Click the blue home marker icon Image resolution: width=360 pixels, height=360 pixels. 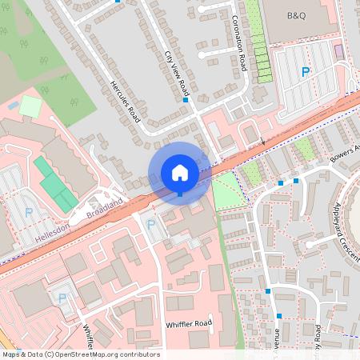tap(180, 173)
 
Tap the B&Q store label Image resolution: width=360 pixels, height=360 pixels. tap(302, 15)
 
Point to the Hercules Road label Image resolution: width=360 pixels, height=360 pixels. tap(123, 102)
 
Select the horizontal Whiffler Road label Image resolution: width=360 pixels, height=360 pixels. tap(188, 324)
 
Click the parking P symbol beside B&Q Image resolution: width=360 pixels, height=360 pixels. tap(305, 72)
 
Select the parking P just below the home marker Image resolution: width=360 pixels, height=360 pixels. tap(152, 225)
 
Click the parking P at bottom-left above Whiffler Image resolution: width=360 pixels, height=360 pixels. tap(63, 298)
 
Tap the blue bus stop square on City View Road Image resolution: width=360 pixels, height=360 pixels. tap(186, 101)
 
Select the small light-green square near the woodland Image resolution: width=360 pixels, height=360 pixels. tap(30, 106)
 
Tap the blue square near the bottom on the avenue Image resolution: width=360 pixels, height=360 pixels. tap(268, 292)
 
